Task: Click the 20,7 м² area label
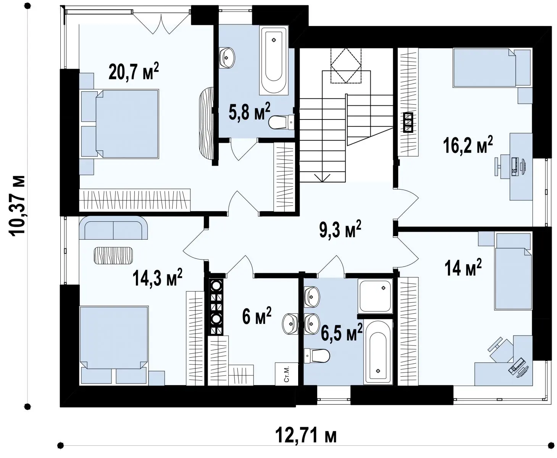pyautogui.click(x=134, y=71)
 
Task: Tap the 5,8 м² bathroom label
pyautogui.click(x=249, y=111)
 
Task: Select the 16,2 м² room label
pyautogui.click(x=468, y=145)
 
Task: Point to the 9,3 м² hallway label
pyautogui.click(x=340, y=229)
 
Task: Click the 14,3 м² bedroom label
pyautogui.click(x=157, y=277)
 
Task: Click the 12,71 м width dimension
pyautogui.click(x=306, y=435)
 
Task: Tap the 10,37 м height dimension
pyautogui.click(x=18, y=205)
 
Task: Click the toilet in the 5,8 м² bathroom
pyautogui.click(x=281, y=122)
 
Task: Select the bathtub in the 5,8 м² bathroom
pyautogui.click(x=274, y=60)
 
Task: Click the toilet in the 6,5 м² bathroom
pyautogui.click(x=316, y=356)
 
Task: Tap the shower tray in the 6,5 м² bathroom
pyautogui.click(x=375, y=296)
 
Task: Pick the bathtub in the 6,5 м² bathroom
pyautogui.click(x=378, y=352)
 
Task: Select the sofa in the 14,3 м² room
pyautogui.click(x=113, y=227)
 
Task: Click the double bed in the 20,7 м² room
pyautogui.click(x=120, y=124)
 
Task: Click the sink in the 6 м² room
pyautogui.click(x=290, y=324)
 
